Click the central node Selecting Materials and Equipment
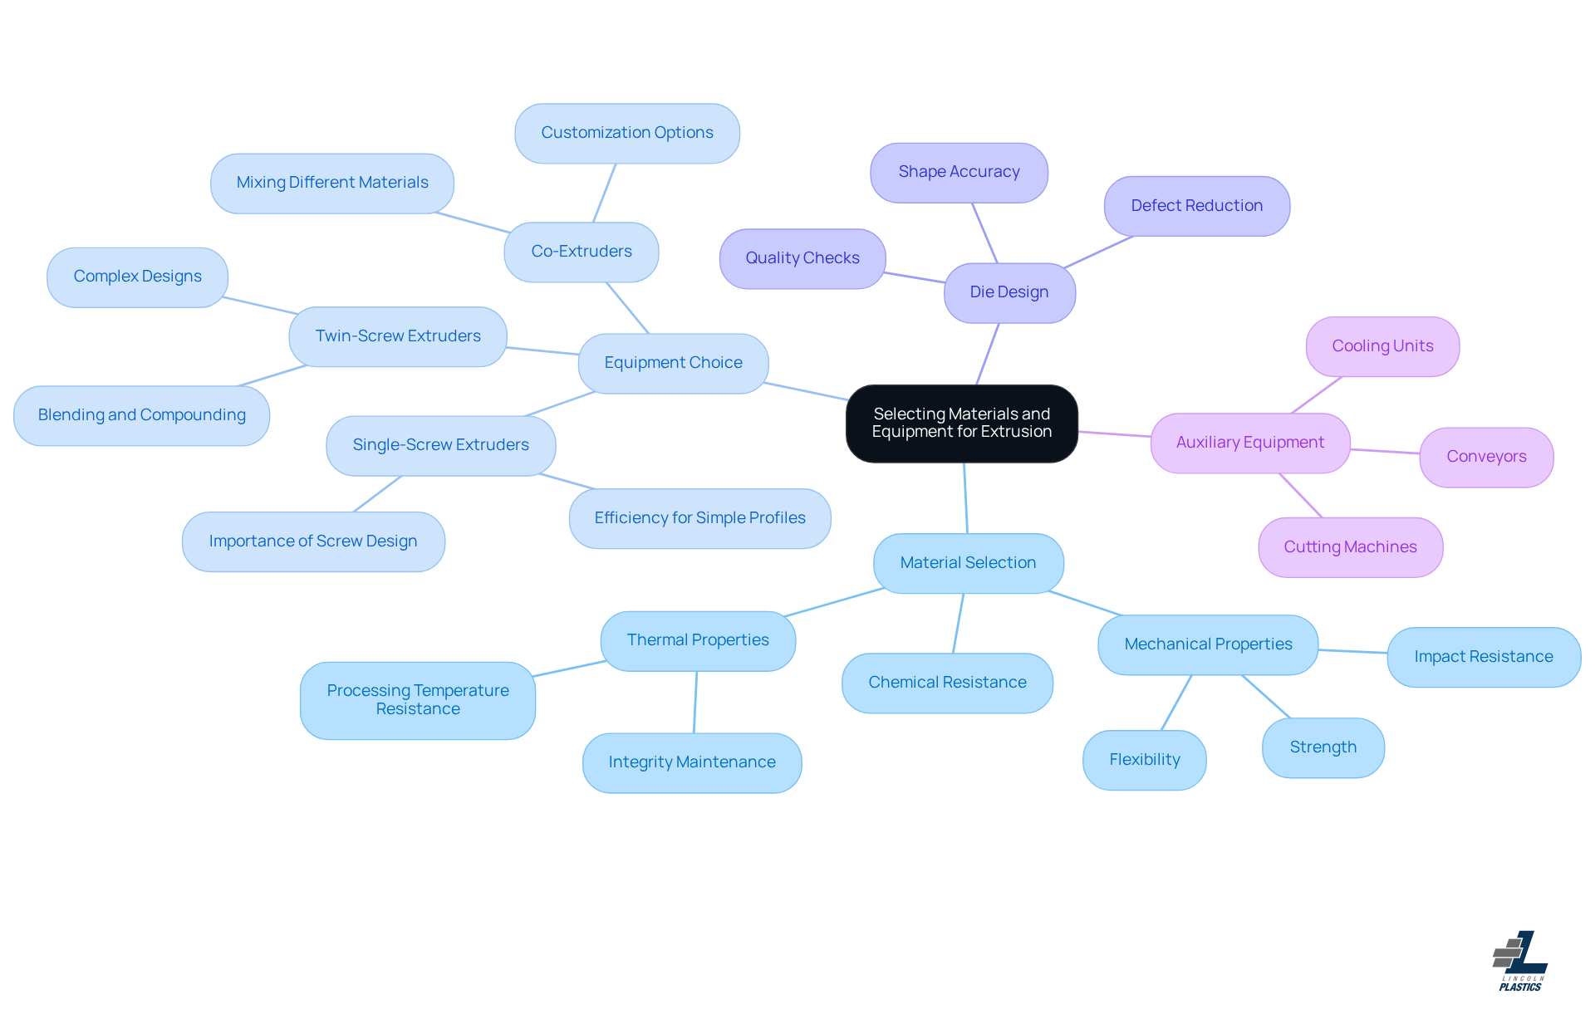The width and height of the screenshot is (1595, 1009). (961, 423)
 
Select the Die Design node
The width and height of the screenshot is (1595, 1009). (1009, 292)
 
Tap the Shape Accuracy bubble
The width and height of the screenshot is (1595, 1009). (959, 172)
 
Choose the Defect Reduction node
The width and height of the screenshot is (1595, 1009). (1196, 206)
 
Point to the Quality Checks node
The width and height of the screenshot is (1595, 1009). (802, 258)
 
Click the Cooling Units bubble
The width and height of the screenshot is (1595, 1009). (1382, 346)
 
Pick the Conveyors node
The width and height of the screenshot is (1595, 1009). (1486, 457)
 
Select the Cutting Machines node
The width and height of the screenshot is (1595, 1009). (1350, 547)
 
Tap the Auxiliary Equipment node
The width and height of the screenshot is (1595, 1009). (1249, 443)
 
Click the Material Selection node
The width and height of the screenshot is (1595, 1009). (968, 563)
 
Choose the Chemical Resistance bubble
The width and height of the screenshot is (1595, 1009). (947, 683)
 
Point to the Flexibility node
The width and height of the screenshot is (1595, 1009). (1144, 760)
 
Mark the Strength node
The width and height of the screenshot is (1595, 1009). (1323, 747)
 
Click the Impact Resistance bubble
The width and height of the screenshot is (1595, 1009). (1483, 657)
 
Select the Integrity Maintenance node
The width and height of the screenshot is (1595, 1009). (692, 762)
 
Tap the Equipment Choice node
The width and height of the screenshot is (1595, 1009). (673, 363)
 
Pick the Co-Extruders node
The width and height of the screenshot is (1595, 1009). (582, 252)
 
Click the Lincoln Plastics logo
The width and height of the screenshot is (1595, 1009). (1520, 960)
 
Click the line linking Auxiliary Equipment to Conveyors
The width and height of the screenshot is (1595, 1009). (1385, 452)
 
